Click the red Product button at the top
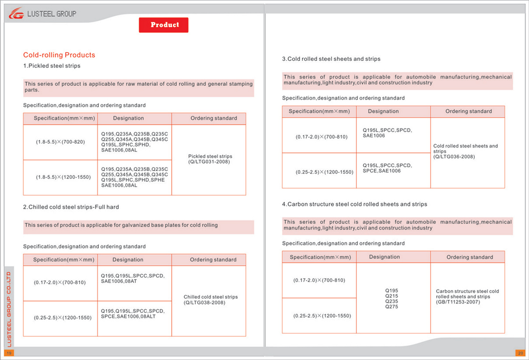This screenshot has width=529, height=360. [164, 25]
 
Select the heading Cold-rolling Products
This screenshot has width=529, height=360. [59, 55]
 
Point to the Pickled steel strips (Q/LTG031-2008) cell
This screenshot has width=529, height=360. [209, 159]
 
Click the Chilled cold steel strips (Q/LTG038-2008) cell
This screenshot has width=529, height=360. [209, 300]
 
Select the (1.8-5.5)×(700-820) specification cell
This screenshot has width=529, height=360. [60, 142]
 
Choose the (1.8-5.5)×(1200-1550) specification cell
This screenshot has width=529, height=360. [60, 177]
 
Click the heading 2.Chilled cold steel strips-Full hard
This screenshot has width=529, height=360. [71, 207]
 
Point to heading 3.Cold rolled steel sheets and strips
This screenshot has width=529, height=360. [331, 59]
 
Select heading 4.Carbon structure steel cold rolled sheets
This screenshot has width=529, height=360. [354, 204]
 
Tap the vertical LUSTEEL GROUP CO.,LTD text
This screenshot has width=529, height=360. [10, 308]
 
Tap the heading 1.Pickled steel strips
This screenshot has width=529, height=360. [52, 66]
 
